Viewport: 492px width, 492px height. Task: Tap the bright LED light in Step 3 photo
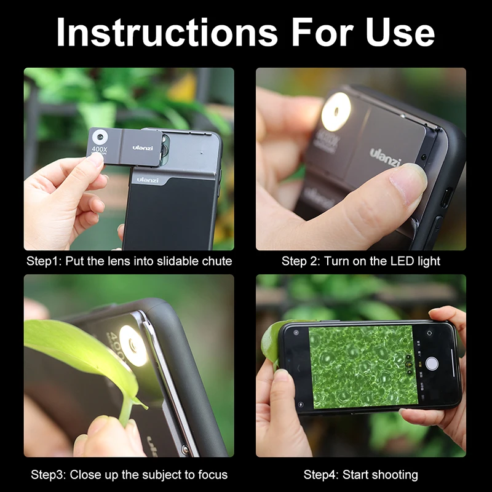133,345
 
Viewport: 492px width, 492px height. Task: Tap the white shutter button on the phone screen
432,363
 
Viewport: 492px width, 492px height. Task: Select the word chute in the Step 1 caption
216,261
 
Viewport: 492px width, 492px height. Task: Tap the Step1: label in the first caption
42,261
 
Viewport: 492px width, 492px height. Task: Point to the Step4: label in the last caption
320,475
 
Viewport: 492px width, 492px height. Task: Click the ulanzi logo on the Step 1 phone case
148,180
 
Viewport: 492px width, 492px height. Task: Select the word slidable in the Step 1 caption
173,261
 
